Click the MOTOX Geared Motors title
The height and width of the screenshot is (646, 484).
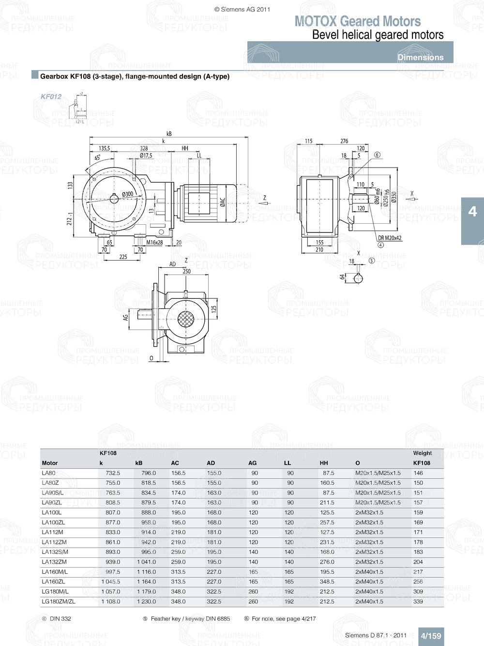click(357, 21)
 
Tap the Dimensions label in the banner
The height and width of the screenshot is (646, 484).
click(420, 57)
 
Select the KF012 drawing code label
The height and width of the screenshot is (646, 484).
click(51, 96)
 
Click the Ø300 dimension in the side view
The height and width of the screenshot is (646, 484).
click(127, 194)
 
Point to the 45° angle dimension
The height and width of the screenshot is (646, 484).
click(97, 158)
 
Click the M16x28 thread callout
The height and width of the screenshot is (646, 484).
click(154, 242)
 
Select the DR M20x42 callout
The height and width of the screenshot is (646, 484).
click(390, 238)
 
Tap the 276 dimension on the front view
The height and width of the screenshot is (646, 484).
click(344, 141)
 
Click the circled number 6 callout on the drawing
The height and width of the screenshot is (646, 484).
click(377, 155)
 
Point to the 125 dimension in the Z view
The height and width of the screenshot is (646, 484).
click(214, 308)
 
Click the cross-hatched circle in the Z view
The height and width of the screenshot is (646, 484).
click(186, 319)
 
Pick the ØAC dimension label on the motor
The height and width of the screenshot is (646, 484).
click(223, 202)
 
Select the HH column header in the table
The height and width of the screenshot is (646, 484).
click(324, 463)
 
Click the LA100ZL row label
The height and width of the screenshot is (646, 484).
click(53, 523)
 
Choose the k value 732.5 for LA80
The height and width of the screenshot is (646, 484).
click(113, 473)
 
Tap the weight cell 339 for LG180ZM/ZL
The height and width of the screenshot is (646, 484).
click(418, 601)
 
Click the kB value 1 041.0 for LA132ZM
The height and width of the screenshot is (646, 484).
click(146, 562)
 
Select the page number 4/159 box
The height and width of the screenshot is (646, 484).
click(430, 636)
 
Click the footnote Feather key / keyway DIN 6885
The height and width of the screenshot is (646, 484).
click(190, 618)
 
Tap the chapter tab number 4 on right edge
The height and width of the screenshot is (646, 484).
click(472, 212)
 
